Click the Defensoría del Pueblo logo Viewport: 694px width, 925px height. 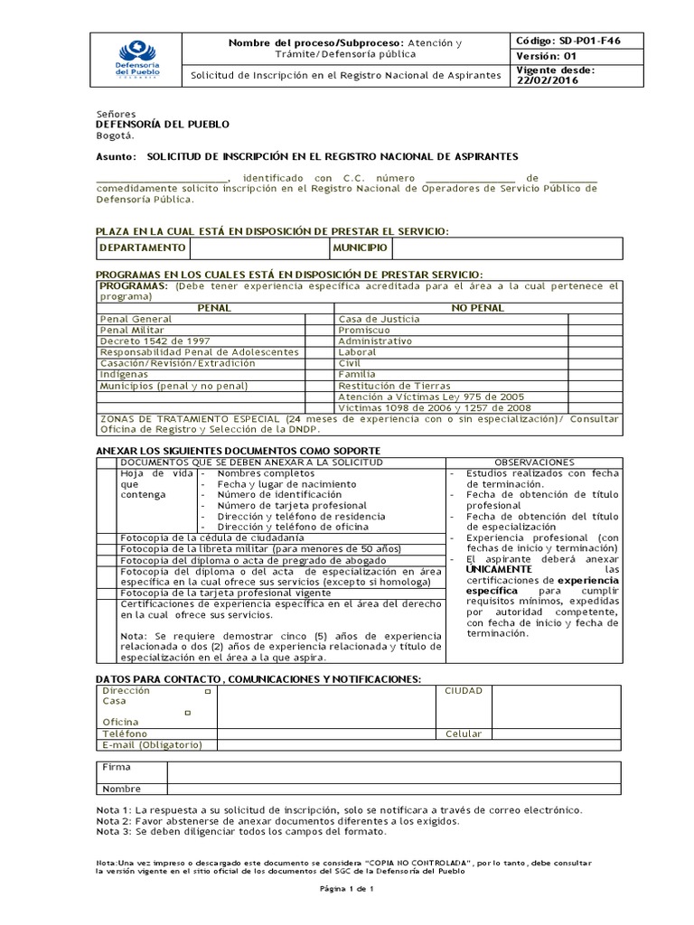tap(134, 57)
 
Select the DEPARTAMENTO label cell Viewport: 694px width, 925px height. tap(143, 248)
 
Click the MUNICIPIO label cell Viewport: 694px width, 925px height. tap(360, 248)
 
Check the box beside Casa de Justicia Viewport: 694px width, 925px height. tap(594, 319)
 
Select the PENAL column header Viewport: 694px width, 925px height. tap(213, 308)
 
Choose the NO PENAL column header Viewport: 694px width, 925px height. tap(476, 308)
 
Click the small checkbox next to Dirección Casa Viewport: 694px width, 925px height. tap(208, 691)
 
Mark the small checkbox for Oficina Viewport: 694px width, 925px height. tap(188, 713)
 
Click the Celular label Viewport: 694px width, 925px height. tap(464, 733)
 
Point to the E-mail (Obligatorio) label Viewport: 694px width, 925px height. tap(153, 744)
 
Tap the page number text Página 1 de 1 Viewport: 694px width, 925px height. tap(347, 889)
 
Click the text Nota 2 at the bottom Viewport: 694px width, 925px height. tap(113, 821)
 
